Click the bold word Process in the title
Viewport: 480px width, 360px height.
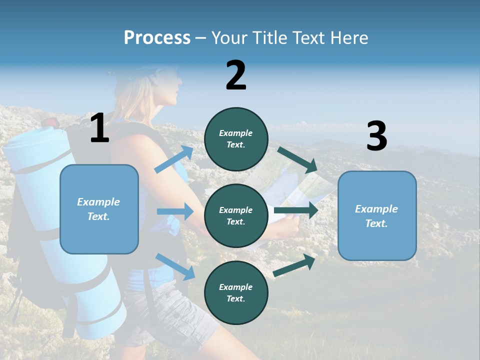coord(157,38)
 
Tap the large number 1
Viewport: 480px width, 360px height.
coord(99,128)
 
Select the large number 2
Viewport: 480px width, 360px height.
coord(236,75)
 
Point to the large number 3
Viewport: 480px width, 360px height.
coord(376,136)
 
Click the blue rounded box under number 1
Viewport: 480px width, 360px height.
coord(99,209)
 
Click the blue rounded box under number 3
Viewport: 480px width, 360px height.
coord(377,215)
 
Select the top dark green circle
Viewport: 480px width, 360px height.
coord(236,139)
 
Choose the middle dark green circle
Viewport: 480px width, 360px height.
coord(236,215)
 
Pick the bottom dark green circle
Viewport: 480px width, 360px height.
coord(236,292)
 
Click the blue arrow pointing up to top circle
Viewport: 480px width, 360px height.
coord(174,159)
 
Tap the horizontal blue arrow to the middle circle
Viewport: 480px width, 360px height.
coord(175,211)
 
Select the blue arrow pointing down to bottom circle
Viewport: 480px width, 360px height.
coord(175,266)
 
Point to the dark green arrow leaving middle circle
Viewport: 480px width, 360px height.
coord(296,210)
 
